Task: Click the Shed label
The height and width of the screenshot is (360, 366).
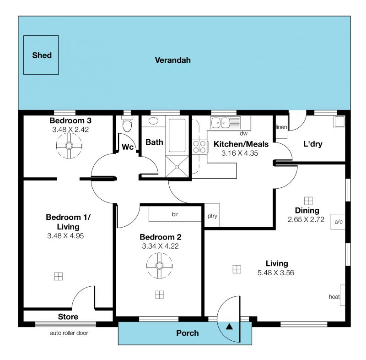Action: click(42, 55)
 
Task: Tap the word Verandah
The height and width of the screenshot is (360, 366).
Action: click(173, 60)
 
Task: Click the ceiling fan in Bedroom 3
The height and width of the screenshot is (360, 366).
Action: click(69, 146)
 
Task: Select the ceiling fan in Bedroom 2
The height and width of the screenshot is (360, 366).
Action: click(159, 266)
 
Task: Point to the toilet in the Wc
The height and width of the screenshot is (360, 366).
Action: click(127, 124)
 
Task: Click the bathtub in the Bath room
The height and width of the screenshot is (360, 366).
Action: click(177, 136)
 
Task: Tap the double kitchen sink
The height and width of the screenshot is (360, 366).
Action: click(225, 123)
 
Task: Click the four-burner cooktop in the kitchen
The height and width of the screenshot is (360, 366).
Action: click(199, 147)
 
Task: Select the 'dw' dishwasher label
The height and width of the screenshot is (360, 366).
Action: click(243, 134)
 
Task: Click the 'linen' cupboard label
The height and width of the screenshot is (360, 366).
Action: click(281, 127)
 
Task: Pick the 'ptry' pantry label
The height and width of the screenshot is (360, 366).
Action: click(212, 216)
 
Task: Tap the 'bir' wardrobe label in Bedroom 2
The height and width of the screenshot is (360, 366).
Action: click(175, 214)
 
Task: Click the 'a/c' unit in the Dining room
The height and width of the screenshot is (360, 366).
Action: click(338, 222)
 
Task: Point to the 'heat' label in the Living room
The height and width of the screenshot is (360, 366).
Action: click(334, 297)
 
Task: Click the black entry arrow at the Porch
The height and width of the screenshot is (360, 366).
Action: click(229, 327)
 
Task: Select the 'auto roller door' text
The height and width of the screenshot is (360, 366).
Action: click(69, 333)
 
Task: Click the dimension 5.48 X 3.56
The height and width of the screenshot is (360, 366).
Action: click(276, 273)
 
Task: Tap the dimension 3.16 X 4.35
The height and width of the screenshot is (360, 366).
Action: click(240, 153)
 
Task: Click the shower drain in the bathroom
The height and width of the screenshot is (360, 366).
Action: click(178, 167)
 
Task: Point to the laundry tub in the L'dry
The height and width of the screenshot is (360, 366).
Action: click(339, 121)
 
